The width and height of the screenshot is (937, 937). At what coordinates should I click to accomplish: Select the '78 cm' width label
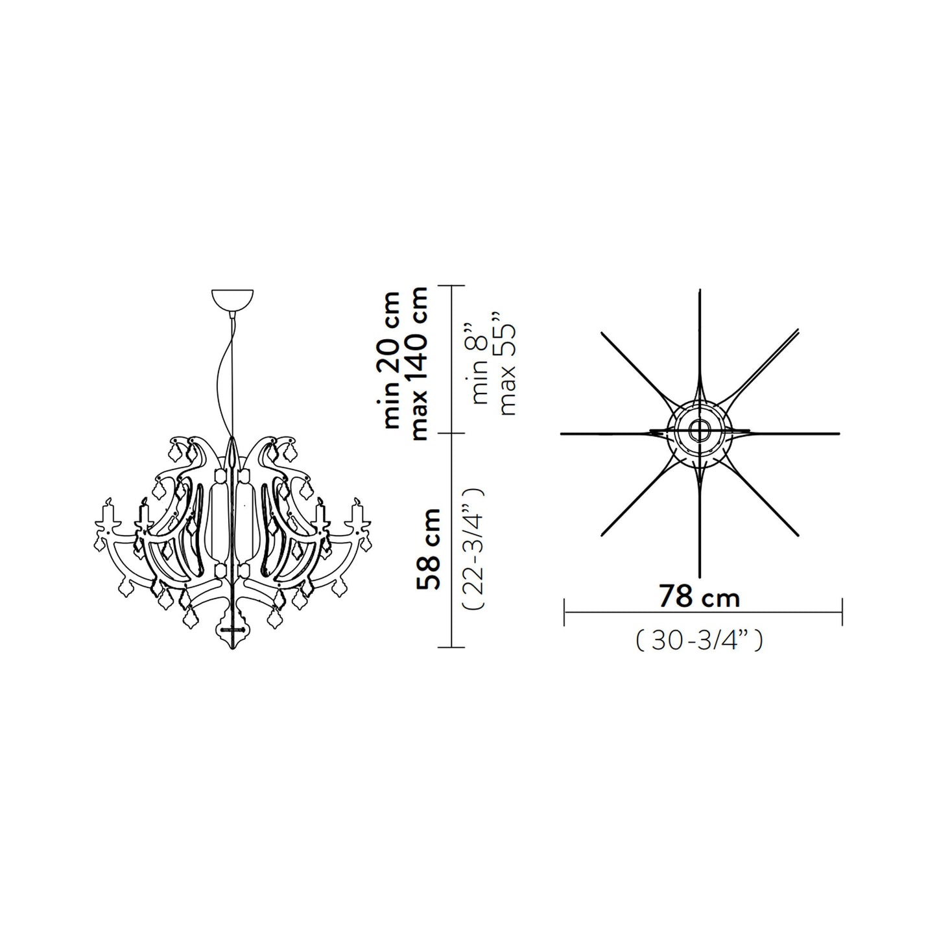pyautogui.click(x=699, y=596)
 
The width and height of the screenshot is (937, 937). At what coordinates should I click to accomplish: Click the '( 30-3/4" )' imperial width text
pyautogui.click(x=699, y=641)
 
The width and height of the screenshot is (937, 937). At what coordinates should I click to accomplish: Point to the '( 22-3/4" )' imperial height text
pyautogui.click(x=472, y=549)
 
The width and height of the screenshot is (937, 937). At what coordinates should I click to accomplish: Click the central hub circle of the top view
pyautogui.click(x=700, y=430)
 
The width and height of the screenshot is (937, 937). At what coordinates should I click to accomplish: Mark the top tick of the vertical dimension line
pyautogui.click(x=452, y=285)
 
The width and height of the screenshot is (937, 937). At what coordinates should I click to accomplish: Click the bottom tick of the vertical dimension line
pyautogui.click(x=452, y=646)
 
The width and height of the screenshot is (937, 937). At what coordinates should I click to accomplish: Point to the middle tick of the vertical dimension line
pyautogui.click(x=452, y=433)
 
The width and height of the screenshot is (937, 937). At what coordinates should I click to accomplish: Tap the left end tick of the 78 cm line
pyautogui.click(x=565, y=612)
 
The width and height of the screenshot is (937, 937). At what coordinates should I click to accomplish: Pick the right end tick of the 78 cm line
pyautogui.click(x=842, y=612)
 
